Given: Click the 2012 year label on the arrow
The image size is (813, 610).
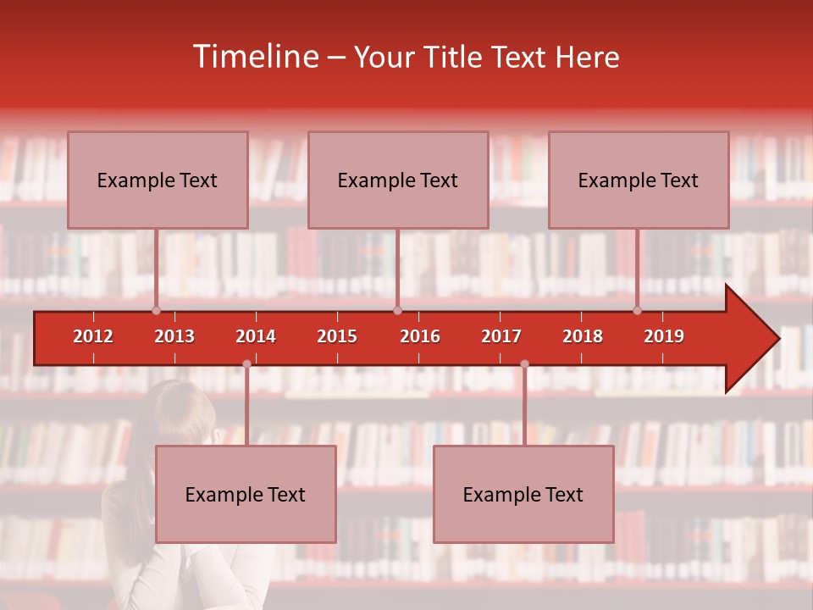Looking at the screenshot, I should click(x=93, y=336).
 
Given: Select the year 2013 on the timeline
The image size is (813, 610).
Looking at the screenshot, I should click(x=174, y=336).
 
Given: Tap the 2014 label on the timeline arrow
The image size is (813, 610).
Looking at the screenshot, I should click(x=256, y=336).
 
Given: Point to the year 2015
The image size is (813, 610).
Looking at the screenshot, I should click(x=337, y=336).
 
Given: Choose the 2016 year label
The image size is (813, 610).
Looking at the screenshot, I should click(x=420, y=336).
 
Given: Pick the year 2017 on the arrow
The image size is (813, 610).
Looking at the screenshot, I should click(x=501, y=336).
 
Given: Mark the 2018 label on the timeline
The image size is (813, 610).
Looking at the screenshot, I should click(x=583, y=336).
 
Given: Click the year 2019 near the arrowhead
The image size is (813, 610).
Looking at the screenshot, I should click(x=664, y=336).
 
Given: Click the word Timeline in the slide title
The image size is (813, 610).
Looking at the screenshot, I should click(x=254, y=57).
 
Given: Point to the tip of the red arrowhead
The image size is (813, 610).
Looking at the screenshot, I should click(x=778, y=339).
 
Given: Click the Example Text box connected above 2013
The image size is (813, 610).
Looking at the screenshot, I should click(x=158, y=180).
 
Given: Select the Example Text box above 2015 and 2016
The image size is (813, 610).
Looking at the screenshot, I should click(x=398, y=180).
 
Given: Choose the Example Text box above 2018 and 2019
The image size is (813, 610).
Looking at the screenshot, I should click(x=639, y=180).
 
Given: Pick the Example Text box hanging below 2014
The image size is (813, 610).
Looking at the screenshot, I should click(x=246, y=494).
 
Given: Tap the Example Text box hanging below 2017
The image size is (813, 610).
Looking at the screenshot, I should click(x=523, y=494).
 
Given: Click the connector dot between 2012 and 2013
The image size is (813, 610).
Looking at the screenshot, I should click(x=156, y=311).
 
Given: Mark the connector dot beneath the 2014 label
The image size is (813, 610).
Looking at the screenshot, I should click(x=246, y=364).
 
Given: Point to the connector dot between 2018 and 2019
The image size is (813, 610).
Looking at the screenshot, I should click(x=638, y=311).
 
